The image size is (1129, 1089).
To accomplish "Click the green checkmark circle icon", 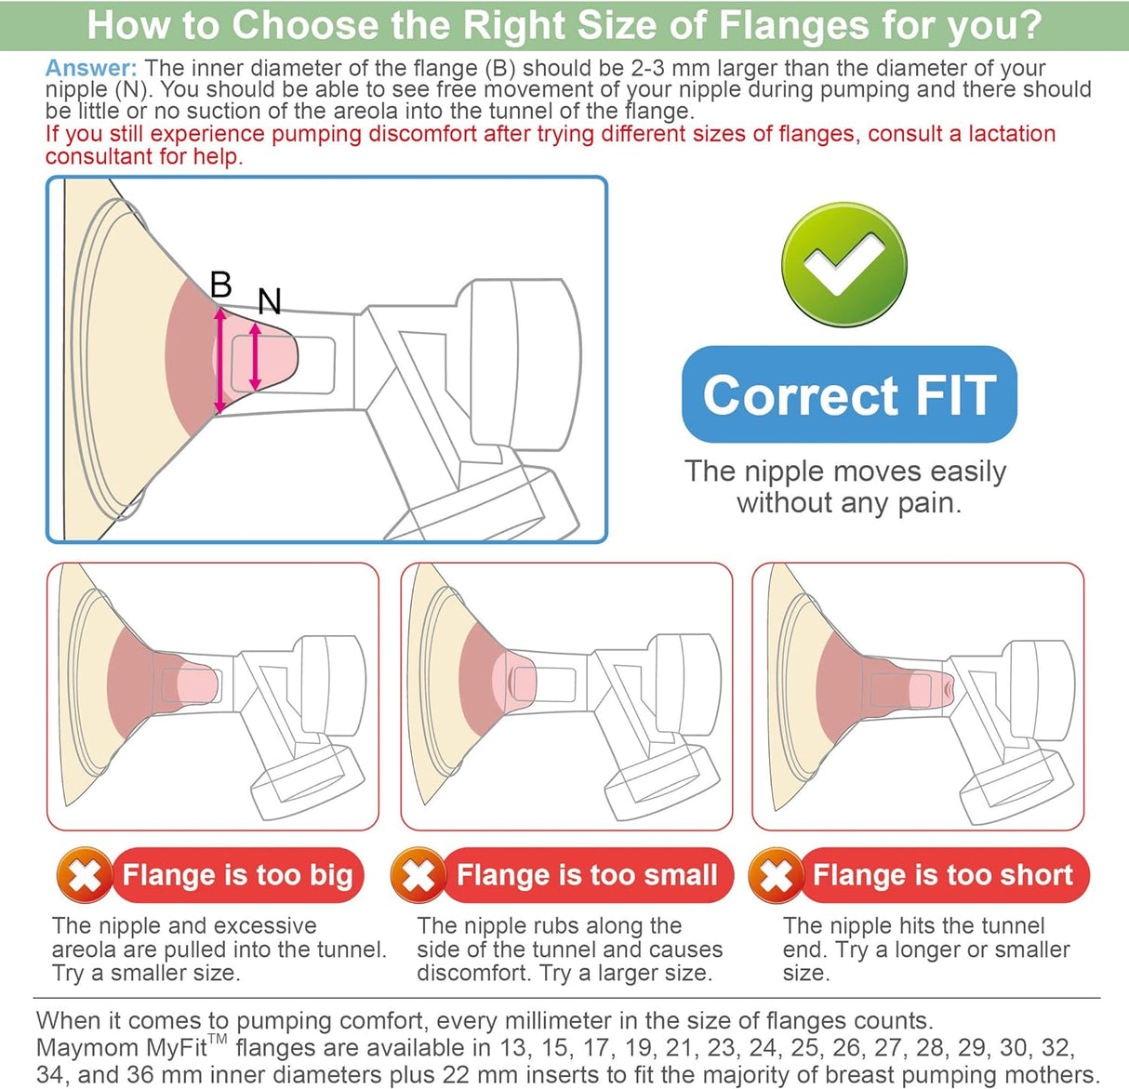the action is pos(843,264).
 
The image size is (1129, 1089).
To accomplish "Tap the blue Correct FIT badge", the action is pos(849,394).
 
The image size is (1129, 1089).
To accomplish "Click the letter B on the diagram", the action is pos(221,285).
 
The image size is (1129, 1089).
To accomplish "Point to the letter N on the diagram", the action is pos(269,301).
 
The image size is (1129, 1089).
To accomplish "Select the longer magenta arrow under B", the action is pos(219,360).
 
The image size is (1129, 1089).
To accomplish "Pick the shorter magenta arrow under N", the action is pos(255,356).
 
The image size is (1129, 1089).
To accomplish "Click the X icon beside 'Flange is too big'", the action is pos(85,875).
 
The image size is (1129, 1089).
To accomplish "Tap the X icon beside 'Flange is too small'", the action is pos(418,875).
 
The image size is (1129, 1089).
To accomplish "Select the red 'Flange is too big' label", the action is pos(237,875).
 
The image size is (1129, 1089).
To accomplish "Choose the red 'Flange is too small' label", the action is pos(587,875).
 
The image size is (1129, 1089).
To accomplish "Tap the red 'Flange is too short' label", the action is pos(944,875).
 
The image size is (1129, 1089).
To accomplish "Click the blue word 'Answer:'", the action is pos(91,69).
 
